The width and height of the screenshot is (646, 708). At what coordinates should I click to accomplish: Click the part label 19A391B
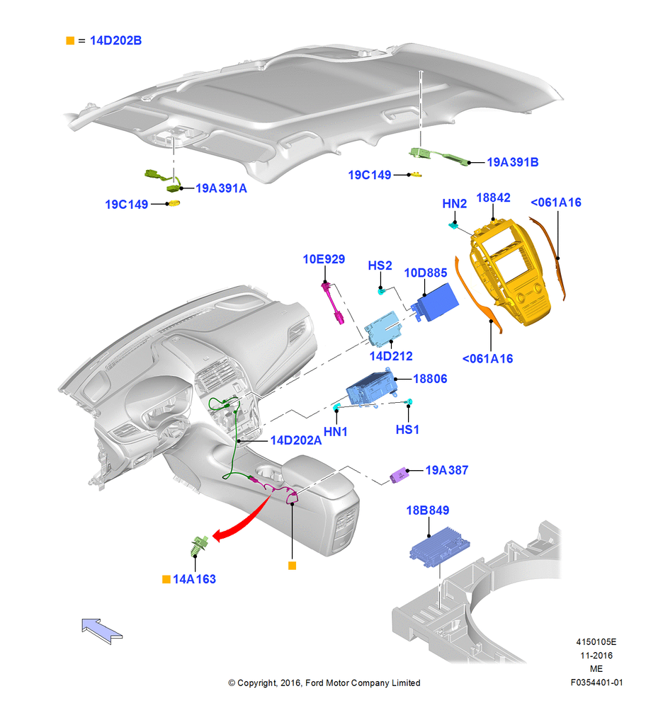[512, 162]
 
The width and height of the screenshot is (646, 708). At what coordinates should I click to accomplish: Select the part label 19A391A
[221, 188]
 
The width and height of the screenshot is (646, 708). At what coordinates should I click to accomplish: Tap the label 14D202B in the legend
[115, 40]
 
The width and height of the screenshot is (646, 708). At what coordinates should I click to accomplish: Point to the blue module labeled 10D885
[436, 302]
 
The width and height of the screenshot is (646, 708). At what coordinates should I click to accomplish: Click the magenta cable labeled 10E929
[333, 302]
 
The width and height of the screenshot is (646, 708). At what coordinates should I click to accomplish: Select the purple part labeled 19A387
[399, 476]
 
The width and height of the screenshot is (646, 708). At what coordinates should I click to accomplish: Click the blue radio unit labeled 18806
[371, 389]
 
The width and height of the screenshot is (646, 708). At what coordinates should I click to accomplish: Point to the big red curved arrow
[242, 519]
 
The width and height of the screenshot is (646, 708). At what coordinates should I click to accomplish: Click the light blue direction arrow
[101, 631]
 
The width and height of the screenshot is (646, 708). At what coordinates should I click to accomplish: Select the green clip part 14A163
[199, 546]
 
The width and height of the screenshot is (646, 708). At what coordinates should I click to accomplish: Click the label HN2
[455, 204]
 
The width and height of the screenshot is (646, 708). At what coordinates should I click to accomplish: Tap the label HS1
[407, 430]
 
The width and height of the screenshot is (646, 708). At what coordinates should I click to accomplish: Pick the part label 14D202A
[296, 440]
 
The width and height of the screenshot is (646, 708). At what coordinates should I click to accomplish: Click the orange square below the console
[293, 566]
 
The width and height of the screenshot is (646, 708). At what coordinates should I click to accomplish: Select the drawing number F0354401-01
[596, 683]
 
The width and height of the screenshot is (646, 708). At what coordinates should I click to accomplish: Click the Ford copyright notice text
[324, 683]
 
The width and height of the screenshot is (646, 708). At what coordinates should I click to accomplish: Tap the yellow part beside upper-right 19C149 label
[415, 174]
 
